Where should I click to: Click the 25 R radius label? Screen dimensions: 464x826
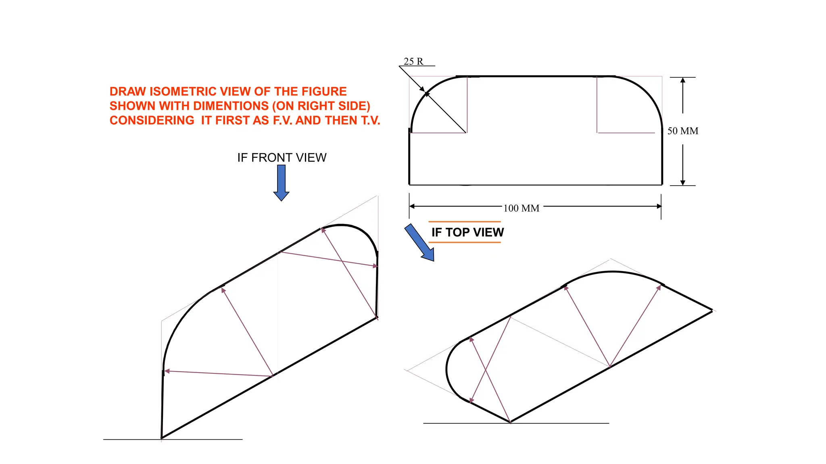click(x=413, y=61)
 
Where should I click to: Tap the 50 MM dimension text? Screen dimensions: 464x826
click(x=683, y=131)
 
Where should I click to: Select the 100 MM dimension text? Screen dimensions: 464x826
click(x=521, y=208)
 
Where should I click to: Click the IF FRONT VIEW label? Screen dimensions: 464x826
click(x=282, y=157)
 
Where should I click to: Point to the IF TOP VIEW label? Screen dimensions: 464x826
click(x=467, y=232)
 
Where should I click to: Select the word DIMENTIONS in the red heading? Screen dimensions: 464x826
click(x=214, y=106)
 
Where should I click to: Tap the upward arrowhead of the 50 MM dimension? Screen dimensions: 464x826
click(x=683, y=81)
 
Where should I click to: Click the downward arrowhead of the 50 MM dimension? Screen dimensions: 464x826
click(x=683, y=182)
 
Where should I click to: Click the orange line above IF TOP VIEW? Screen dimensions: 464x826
click(x=464, y=222)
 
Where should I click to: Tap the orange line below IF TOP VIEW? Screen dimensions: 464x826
click(x=464, y=242)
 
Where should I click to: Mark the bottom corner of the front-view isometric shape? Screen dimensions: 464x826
click(x=162, y=438)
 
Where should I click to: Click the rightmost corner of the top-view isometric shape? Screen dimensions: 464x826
click(x=712, y=311)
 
